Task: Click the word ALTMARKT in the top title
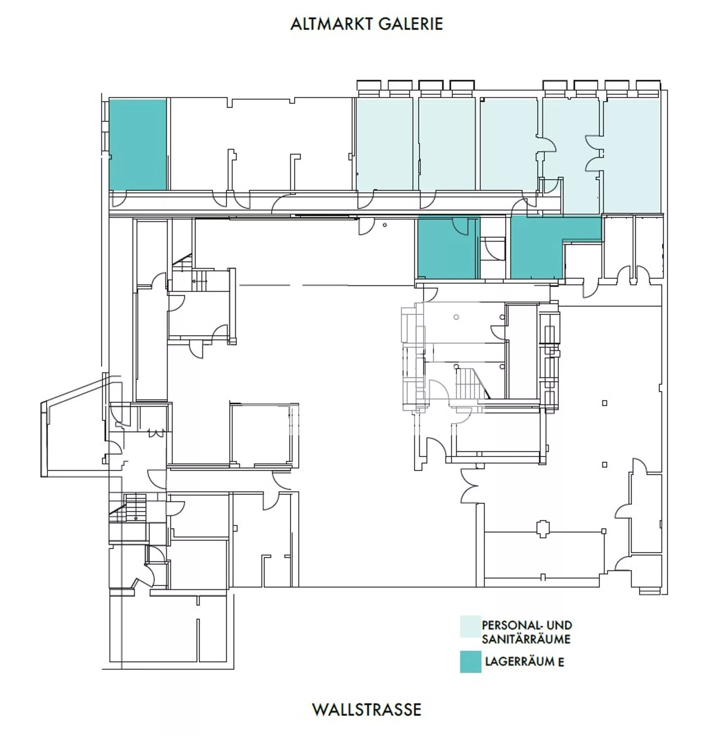pyautogui.click(x=332, y=24)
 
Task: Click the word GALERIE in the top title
pyautogui.click(x=411, y=24)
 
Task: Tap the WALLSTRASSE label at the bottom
pyautogui.click(x=366, y=710)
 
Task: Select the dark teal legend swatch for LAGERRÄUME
pyautogui.click(x=471, y=662)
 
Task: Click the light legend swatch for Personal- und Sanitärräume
pyautogui.click(x=471, y=626)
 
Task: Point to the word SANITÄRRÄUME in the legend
pyautogui.click(x=526, y=639)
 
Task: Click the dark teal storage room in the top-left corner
pyautogui.click(x=137, y=144)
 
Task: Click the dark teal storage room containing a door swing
pyautogui.click(x=447, y=248)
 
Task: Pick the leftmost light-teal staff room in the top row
pyautogui.click(x=385, y=144)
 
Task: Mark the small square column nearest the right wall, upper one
pyautogui.click(x=604, y=403)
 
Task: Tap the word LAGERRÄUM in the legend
pyautogui.click(x=520, y=662)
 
